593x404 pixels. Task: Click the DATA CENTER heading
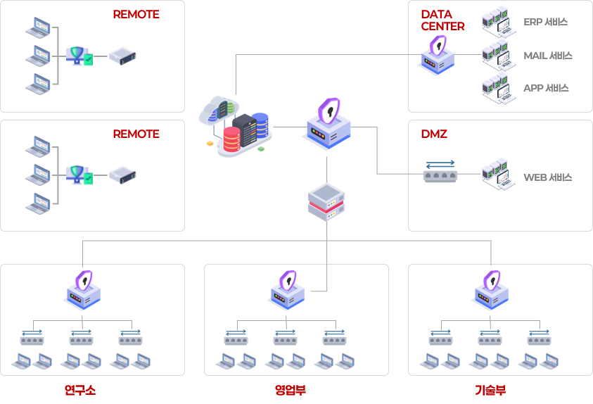pos(442,20)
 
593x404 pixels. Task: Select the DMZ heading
pos(434,134)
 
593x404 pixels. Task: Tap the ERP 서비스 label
pos(545,23)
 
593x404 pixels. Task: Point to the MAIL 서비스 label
pos(547,56)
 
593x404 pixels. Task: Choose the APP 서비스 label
pos(546,89)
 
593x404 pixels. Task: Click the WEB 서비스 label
pos(547,177)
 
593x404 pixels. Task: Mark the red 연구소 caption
pos(79,389)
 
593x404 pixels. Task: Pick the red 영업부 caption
pos(291,389)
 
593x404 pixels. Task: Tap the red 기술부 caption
pos(490,389)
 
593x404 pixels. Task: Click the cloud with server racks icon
pos(235,126)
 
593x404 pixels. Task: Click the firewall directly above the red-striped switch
pos(328,123)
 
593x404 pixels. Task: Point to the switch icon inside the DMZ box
pos(440,172)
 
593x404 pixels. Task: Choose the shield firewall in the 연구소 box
pos(83,289)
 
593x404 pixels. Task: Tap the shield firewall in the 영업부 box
pos(287,289)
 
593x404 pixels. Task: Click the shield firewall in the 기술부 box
pos(490,289)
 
